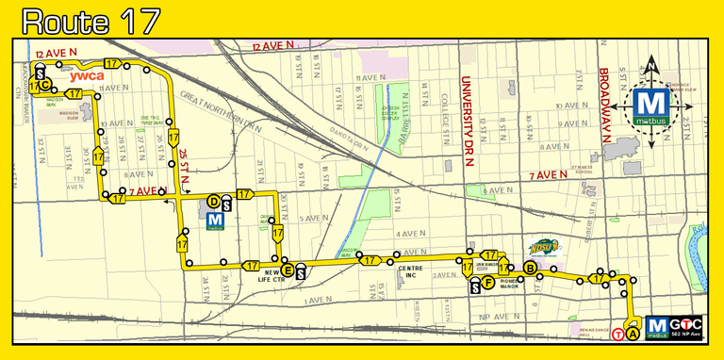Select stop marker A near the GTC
point(633,331)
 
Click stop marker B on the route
point(531,269)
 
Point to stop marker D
point(214,201)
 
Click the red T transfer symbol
point(618,333)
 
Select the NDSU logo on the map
point(544,248)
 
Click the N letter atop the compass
point(651,66)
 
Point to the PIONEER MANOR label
point(508,283)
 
